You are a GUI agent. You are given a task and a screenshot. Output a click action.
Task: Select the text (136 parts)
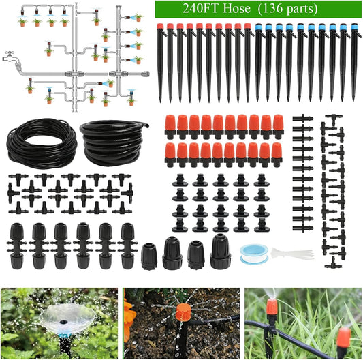[292, 10]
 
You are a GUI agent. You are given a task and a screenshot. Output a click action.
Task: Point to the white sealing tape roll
[253, 252]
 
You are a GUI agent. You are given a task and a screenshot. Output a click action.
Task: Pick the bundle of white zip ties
[291, 254]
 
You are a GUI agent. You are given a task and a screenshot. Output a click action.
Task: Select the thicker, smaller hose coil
[112, 141]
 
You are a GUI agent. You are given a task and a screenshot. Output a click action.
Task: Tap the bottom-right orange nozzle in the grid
[277, 154]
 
